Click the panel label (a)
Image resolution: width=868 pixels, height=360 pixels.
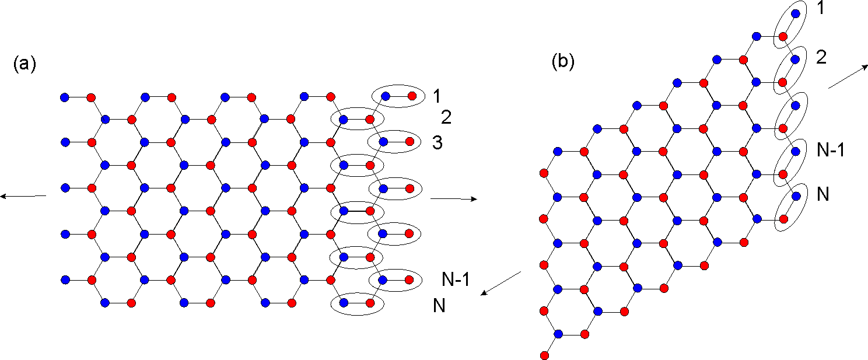coord(24,64)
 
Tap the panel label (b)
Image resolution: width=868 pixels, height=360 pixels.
coord(563,62)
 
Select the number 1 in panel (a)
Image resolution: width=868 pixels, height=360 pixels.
coord(437,96)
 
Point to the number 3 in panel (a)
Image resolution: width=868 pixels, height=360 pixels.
coord(437,142)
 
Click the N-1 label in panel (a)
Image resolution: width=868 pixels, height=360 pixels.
coord(456,279)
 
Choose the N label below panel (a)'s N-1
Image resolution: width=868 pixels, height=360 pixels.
coord(439,306)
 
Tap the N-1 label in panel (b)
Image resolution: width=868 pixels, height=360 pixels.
coord(831,150)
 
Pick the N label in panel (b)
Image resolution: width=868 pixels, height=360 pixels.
coord(822,194)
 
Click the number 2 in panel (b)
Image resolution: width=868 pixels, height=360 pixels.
coord(821,58)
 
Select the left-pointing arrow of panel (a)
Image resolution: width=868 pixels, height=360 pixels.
coord(23,196)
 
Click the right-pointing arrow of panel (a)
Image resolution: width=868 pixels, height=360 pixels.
coord(454,199)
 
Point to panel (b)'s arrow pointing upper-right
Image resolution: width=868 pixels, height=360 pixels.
coord(848,77)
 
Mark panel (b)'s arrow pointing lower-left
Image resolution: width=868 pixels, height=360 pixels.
coord(501,283)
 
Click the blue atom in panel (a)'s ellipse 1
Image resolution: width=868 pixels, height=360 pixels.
coord(385,96)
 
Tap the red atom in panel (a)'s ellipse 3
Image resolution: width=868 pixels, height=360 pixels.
coord(409,142)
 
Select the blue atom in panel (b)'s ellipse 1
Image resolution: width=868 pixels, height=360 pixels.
coord(796,13)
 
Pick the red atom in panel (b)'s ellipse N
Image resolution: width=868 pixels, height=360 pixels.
coord(783,219)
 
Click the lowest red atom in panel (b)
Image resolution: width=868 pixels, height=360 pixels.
coord(544,355)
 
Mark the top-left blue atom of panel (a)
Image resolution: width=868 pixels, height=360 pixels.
coord(65,97)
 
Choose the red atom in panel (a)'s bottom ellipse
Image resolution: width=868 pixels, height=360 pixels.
coord(370,303)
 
